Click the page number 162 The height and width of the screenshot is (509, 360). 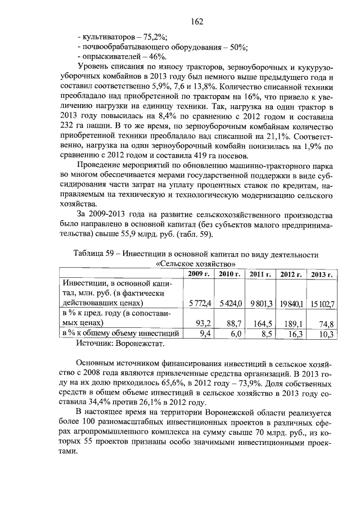point(197,21)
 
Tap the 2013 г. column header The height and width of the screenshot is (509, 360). point(322,274)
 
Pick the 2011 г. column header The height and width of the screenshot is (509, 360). point(260,274)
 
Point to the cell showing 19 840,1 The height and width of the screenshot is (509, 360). point(292,304)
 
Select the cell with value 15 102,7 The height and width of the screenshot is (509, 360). point(323,304)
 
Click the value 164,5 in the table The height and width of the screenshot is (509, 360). point(262,323)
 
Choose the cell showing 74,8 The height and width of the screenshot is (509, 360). point(326,323)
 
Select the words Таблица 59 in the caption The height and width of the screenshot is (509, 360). point(94,254)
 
